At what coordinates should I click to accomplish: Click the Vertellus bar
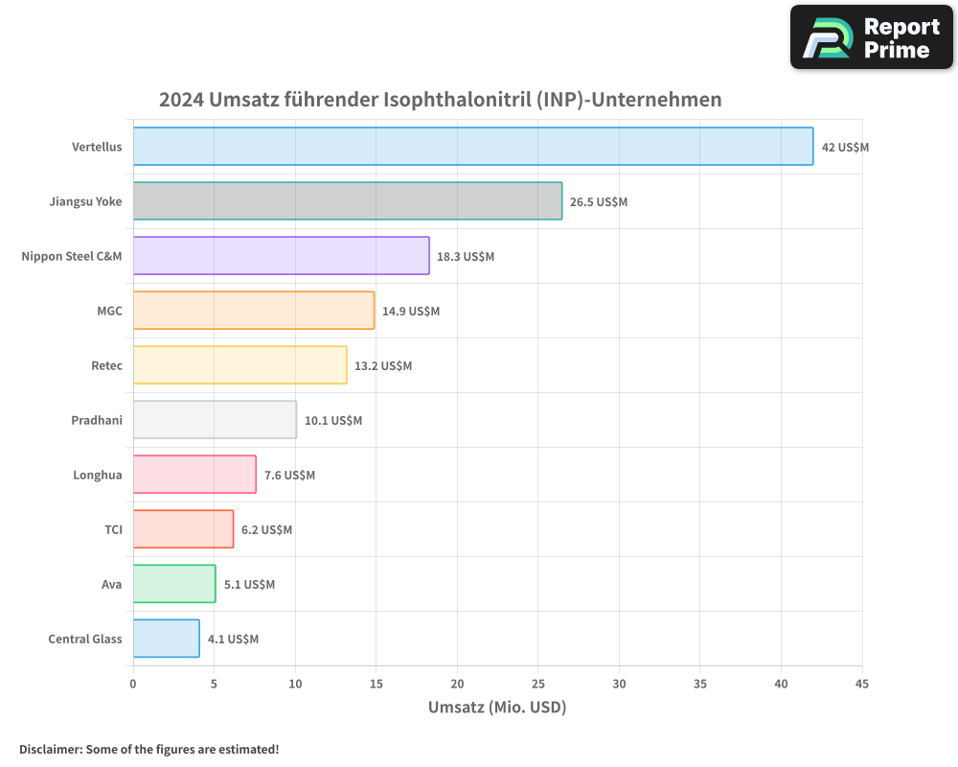click(472, 147)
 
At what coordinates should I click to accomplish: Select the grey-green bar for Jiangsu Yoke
click(347, 201)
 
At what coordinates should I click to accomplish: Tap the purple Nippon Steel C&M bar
click(281, 256)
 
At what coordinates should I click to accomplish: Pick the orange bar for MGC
click(253, 311)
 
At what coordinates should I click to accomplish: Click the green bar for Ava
click(173, 584)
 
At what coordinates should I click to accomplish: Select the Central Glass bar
click(166, 639)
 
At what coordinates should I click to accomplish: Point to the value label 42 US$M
click(845, 148)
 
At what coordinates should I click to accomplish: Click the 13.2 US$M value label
click(383, 366)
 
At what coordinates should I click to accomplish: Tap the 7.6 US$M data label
click(289, 476)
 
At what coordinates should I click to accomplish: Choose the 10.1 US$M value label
click(333, 421)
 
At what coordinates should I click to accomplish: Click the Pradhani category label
click(97, 420)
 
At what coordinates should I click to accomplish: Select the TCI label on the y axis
click(113, 529)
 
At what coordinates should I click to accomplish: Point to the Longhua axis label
click(98, 475)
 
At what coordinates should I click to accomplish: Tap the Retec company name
click(106, 365)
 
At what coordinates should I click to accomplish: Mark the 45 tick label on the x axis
click(861, 684)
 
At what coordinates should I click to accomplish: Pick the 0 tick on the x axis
click(133, 684)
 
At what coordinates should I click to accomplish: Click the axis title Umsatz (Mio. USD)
click(497, 708)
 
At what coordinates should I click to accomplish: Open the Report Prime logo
click(871, 37)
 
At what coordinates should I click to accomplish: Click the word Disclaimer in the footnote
click(49, 749)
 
